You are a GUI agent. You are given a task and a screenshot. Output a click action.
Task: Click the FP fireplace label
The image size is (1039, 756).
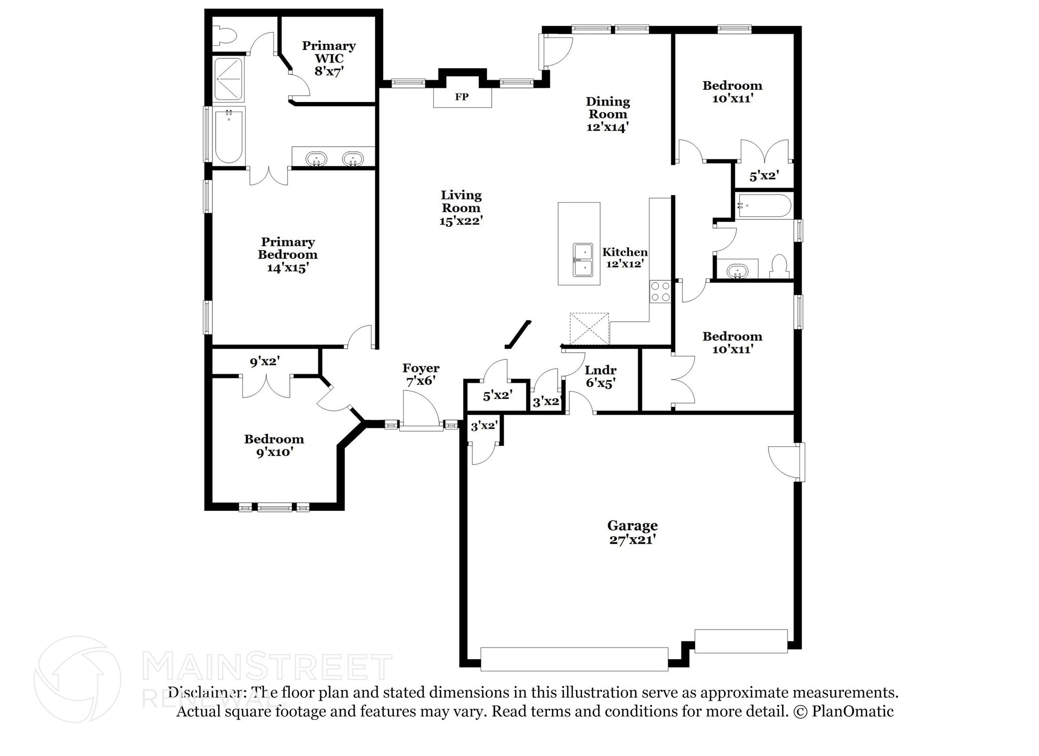click(x=462, y=97)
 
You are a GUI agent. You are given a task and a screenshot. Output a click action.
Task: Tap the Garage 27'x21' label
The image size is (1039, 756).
click(x=633, y=533)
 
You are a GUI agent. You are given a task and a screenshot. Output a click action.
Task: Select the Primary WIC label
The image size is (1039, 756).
click(x=329, y=52)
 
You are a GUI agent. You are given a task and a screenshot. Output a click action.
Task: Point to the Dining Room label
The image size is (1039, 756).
click(x=608, y=108)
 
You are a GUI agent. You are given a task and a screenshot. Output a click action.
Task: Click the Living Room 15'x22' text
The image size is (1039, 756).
click(x=461, y=208)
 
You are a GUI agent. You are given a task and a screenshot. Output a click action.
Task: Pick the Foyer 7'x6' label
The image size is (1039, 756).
click(x=421, y=374)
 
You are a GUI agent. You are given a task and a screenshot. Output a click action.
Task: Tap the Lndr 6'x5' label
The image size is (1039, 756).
click(x=601, y=377)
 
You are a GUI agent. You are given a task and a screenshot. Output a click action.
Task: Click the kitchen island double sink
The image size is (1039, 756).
click(x=583, y=260)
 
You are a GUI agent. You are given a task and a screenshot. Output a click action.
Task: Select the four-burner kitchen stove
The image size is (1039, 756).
click(x=660, y=291)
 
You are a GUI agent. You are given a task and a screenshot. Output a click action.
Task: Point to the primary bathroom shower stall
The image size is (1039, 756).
click(x=228, y=80)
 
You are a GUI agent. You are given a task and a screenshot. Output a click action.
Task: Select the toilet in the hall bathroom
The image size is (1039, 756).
click(x=778, y=267)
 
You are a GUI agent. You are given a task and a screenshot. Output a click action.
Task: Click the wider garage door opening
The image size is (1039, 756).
click(x=574, y=659)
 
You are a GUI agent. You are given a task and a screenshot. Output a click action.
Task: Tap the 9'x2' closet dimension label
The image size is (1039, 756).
click(x=264, y=361)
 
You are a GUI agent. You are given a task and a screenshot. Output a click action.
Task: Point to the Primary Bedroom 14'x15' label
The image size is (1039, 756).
click(x=288, y=255)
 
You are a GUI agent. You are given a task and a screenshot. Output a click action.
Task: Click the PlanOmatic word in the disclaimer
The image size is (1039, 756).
click(x=853, y=711)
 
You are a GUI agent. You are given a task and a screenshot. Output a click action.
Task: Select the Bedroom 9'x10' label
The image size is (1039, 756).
click(x=274, y=446)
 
